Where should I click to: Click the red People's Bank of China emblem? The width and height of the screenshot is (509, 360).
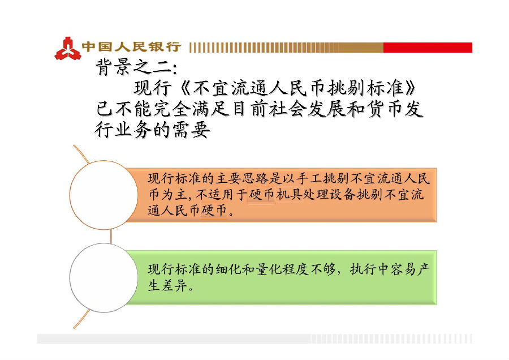68,49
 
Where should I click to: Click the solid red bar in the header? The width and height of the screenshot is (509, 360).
428,48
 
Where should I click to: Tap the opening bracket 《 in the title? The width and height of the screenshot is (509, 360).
185,88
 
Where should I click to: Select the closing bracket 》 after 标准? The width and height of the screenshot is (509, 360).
411,88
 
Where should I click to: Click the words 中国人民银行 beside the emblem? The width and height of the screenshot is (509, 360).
131,47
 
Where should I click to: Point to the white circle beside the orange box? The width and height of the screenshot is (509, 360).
104,195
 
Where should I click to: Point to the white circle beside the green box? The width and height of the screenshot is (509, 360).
104,278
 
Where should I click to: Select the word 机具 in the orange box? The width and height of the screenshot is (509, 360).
289,194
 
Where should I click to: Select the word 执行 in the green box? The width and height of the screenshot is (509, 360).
363,269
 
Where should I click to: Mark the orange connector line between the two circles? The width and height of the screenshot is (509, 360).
111,237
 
